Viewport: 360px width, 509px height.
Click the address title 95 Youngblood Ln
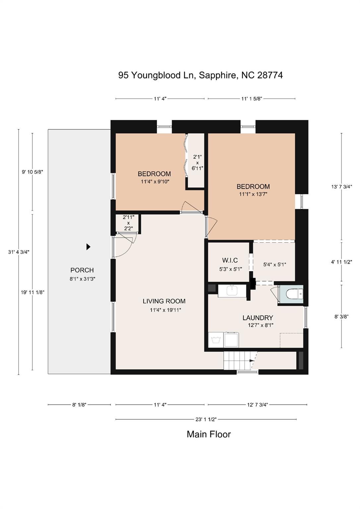click(x=157, y=75)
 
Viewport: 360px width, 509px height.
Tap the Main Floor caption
click(x=209, y=434)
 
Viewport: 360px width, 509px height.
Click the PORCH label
click(x=82, y=270)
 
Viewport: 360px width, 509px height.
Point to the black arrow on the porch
click(x=88, y=247)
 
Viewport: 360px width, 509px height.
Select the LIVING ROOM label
click(x=164, y=301)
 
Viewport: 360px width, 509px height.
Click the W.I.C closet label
click(x=230, y=260)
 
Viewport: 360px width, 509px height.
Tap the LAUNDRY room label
click(x=258, y=318)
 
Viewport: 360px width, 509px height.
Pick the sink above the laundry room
click(x=231, y=291)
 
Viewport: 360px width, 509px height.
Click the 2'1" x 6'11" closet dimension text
click(x=197, y=162)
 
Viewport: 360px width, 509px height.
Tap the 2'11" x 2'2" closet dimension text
click(x=128, y=223)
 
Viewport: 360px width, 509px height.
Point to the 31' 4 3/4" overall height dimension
click(x=19, y=252)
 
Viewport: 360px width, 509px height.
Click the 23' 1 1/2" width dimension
click(x=206, y=419)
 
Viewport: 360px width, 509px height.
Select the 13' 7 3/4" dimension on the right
click(x=341, y=187)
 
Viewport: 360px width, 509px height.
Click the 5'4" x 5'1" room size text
click(x=274, y=264)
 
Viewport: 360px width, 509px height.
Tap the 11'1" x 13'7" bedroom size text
click(x=253, y=194)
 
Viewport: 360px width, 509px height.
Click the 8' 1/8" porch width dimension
click(x=79, y=405)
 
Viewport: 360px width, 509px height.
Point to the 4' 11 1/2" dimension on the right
click(x=341, y=262)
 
